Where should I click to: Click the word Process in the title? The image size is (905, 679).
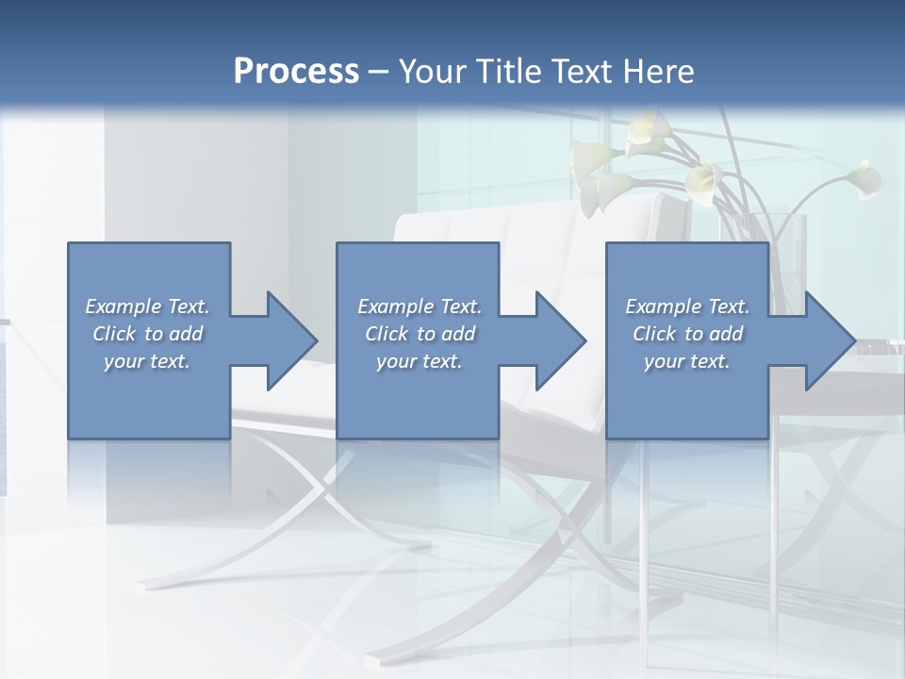[295, 71]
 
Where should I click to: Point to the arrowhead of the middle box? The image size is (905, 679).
[560, 340]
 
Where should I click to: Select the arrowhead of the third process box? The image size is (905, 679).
[830, 340]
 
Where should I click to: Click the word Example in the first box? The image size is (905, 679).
[123, 306]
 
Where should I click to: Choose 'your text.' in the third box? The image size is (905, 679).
[686, 361]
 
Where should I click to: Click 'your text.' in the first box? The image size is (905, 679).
[146, 361]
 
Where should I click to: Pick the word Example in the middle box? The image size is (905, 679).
[395, 306]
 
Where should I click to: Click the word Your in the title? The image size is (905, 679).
[430, 71]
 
